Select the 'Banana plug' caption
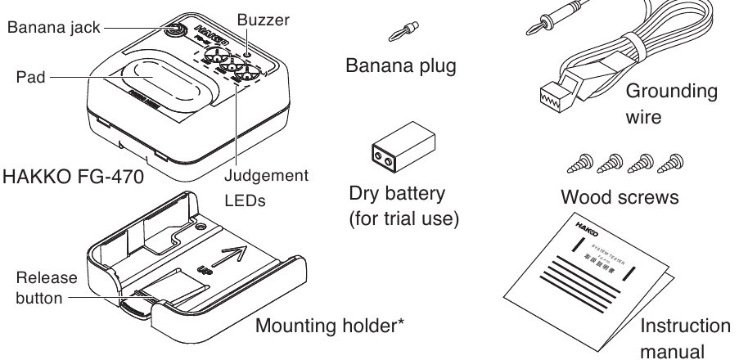[x=399, y=65]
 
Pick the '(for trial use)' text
[x=399, y=220]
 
